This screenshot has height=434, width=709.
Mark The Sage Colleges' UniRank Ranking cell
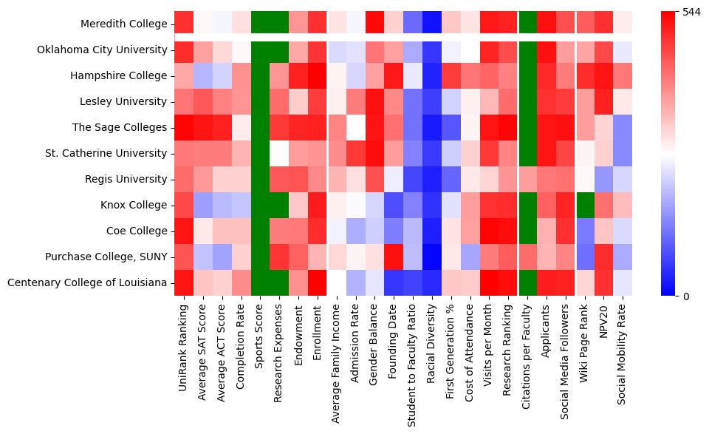coord(184,127)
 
